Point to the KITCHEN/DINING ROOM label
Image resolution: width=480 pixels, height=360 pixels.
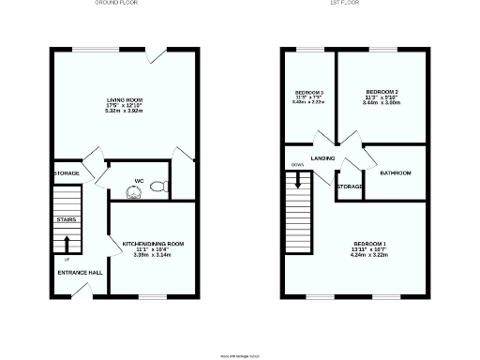click(153, 244)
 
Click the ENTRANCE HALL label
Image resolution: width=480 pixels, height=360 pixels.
click(80, 272)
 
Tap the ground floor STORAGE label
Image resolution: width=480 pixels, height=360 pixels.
click(67, 173)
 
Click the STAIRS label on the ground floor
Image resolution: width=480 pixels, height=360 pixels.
click(66, 219)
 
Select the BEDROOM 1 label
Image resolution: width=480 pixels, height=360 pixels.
click(369, 244)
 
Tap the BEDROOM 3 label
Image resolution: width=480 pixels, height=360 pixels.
click(308, 92)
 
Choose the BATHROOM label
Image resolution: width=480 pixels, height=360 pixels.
click(396, 172)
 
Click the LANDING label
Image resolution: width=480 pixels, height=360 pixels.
click(323, 158)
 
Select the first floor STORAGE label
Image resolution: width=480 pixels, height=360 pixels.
click(350, 187)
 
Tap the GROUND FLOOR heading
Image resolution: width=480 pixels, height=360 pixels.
click(118, 4)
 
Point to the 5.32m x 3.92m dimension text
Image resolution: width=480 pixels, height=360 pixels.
click(124, 110)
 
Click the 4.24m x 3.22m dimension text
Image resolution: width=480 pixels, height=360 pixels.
click(369, 256)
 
